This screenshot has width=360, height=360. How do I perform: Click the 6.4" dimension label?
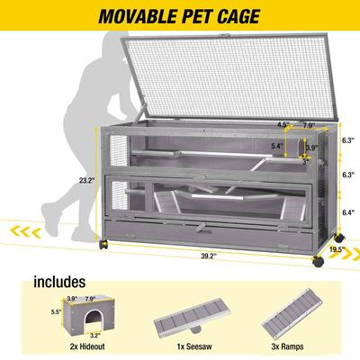coord(346,215)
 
